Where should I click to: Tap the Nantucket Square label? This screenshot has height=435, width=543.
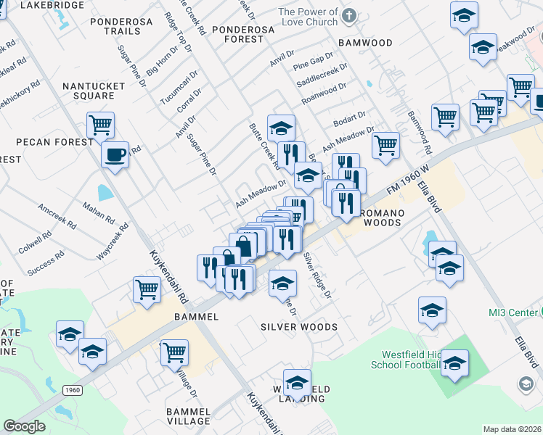[x=88, y=91]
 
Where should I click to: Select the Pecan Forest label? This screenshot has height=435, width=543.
[x=49, y=141]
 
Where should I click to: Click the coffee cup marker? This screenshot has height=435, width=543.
[x=115, y=154]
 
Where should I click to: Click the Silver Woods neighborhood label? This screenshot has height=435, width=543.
[x=299, y=327]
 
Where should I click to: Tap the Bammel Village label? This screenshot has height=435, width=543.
[x=188, y=416]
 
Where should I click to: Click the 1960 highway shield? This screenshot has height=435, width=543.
[x=72, y=389]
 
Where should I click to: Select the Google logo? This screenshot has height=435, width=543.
[x=25, y=426]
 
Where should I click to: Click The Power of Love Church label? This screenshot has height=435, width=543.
[x=308, y=17]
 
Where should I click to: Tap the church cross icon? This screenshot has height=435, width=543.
[x=350, y=14]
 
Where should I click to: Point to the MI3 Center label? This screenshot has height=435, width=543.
[x=508, y=312]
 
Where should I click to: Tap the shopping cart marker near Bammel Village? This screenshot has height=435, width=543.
[x=174, y=353]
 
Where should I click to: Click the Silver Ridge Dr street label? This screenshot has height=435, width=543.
[x=317, y=275]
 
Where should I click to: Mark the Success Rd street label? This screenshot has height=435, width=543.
[x=46, y=264]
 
